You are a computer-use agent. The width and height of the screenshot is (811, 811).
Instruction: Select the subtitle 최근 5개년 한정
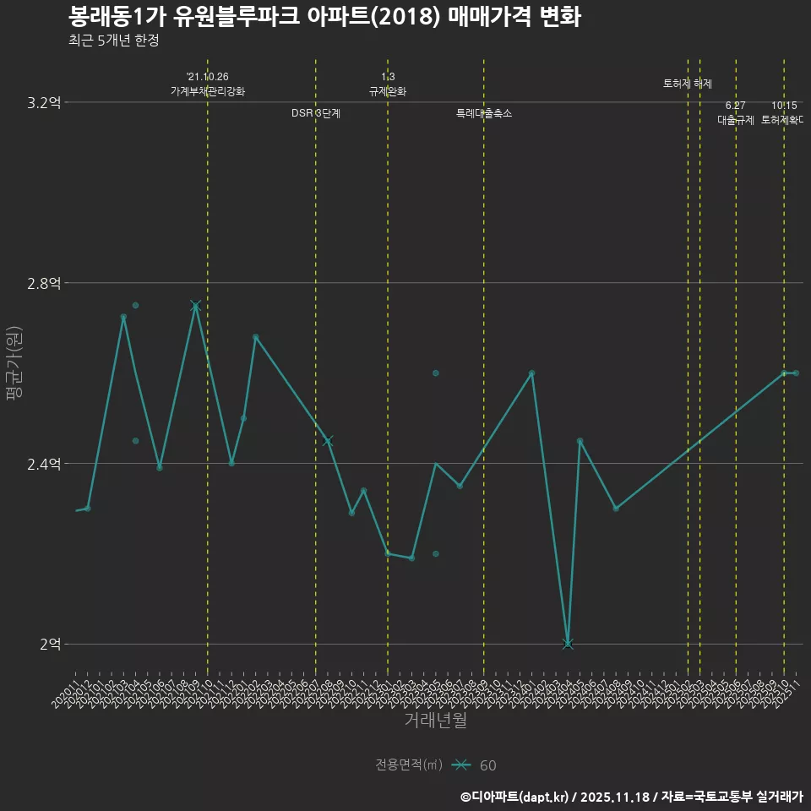pyautogui.click(x=113, y=40)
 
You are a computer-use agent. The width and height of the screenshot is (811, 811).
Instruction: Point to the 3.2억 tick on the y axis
pyautogui.click(x=44, y=103)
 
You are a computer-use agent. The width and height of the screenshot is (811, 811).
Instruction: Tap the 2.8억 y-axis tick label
pyautogui.click(x=44, y=283)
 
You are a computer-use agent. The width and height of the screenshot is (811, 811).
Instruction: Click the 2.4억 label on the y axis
pyautogui.click(x=44, y=464)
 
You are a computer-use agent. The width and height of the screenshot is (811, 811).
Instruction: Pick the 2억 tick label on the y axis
pyautogui.click(x=50, y=645)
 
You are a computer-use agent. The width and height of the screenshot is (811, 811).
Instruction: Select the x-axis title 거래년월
pyautogui.click(x=435, y=721)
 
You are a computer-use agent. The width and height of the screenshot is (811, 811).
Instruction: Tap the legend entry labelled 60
pyautogui.click(x=487, y=765)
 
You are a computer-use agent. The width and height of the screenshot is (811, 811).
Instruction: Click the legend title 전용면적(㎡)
pyautogui.click(x=409, y=765)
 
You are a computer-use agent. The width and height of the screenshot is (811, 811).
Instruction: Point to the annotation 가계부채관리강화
pyautogui.click(x=208, y=91)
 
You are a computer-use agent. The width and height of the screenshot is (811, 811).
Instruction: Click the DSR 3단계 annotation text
pyautogui.click(x=316, y=113)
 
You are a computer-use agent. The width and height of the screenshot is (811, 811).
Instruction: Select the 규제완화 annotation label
pyautogui.click(x=388, y=91)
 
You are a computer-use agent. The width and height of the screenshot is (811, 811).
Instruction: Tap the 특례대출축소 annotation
pyautogui.click(x=484, y=113)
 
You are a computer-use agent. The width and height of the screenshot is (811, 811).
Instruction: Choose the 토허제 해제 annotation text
pyautogui.click(x=688, y=84)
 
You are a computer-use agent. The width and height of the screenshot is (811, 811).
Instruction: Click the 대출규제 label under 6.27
pyautogui.click(x=736, y=120)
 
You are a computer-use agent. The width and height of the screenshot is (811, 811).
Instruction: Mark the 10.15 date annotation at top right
pyautogui.click(x=784, y=106)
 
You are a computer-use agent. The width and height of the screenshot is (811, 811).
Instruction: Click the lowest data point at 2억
pyautogui.click(x=568, y=644)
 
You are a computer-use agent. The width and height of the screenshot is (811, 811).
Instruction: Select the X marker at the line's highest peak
pyautogui.click(x=195, y=306)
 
